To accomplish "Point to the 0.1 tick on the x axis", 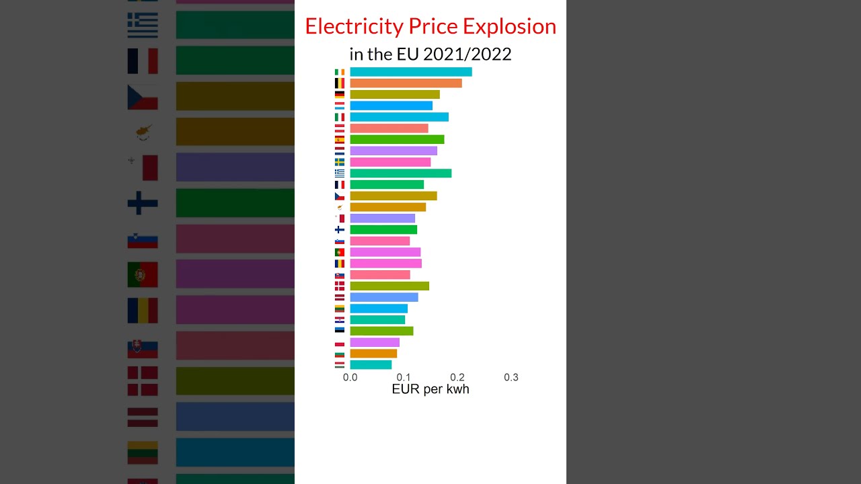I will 404,378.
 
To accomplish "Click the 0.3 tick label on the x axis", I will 511,378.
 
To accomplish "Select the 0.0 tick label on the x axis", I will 350,378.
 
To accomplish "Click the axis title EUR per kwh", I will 430,390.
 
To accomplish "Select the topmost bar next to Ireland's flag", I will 410,72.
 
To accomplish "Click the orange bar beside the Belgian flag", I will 406,83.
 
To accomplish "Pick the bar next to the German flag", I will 394,95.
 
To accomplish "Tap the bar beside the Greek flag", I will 400,173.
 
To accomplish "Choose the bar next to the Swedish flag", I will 390,162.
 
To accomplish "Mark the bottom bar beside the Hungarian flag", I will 371,365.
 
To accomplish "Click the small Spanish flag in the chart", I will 340,140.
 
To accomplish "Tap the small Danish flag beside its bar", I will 340,286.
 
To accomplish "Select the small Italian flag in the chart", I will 340,117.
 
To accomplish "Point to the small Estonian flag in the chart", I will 340,330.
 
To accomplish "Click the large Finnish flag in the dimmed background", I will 143,203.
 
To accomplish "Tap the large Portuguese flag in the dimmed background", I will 143,274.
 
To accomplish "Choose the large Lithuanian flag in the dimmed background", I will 143,452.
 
